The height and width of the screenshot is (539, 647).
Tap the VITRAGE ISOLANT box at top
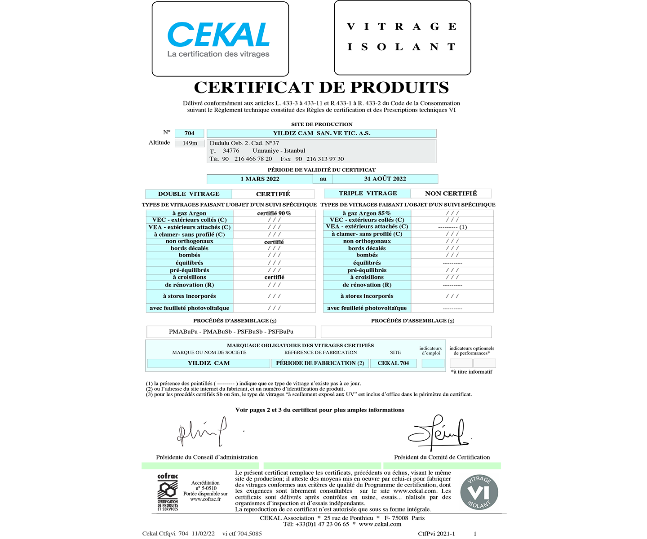click(402, 37)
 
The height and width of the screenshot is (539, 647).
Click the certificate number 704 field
click(189, 133)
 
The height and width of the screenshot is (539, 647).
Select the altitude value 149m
click(190, 143)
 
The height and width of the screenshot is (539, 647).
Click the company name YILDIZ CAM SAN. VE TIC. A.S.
click(321, 133)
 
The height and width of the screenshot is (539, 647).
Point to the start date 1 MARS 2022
click(260, 179)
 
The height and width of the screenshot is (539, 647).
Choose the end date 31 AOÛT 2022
click(385, 179)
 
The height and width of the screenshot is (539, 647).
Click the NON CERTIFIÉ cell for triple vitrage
click(451, 194)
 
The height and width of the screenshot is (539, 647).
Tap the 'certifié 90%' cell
click(274, 213)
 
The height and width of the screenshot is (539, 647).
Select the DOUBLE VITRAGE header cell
click(189, 194)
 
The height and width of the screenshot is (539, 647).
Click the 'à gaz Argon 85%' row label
click(367, 213)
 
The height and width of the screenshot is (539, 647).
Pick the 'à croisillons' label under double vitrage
click(190, 278)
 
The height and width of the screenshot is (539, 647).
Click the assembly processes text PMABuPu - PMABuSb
click(231, 332)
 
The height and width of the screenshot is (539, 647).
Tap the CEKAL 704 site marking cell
click(393, 363)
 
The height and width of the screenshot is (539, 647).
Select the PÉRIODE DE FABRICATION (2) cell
click(320, 363)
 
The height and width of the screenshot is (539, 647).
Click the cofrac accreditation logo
click(168, 492)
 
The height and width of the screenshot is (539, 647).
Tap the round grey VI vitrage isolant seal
click(479, 492)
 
